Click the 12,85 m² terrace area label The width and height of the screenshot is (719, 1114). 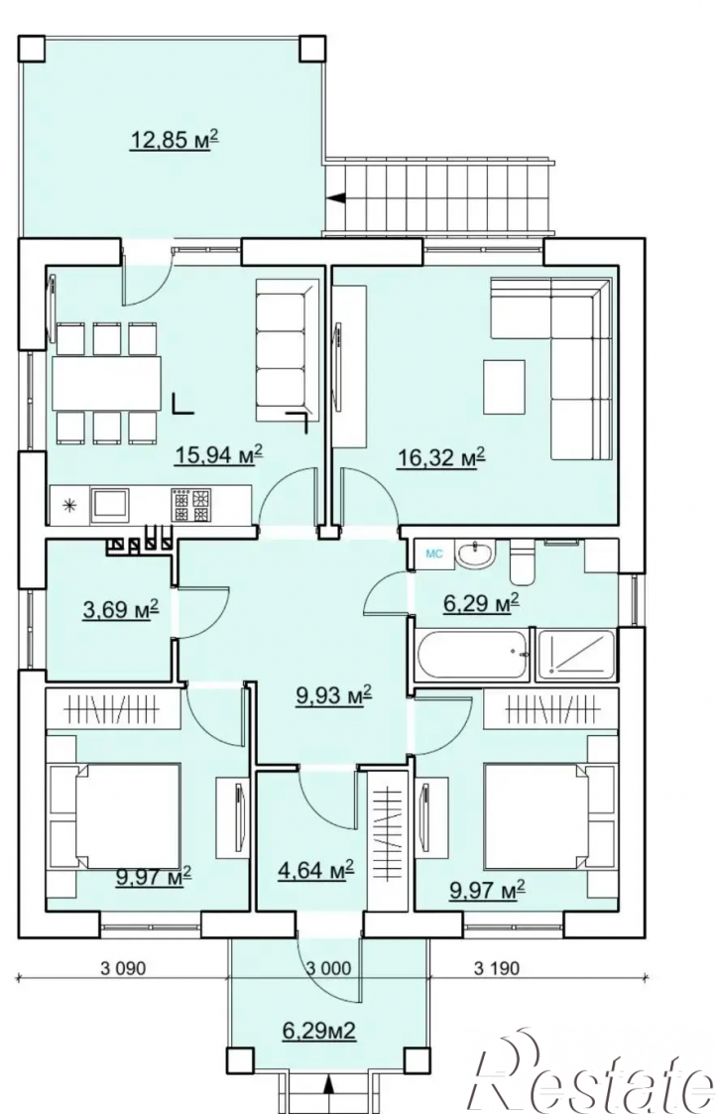[174, 140]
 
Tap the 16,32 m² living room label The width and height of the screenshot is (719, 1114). [440, 457]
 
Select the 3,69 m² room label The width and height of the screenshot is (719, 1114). [120, 609]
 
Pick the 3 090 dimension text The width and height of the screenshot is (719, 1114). [124, 967]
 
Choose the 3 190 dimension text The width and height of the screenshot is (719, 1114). [497, 967]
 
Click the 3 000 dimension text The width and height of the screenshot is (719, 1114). [328, 967]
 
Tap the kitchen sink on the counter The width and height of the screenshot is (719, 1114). [109, 505]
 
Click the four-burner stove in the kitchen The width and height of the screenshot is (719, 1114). [191, 505]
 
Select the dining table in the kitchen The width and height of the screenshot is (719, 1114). [106, 382]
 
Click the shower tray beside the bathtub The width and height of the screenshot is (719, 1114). [575, 653]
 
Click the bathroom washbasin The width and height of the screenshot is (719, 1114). [475, 554]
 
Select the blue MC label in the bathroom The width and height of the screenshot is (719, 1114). [433, 554]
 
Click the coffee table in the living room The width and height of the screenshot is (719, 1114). [504, 387]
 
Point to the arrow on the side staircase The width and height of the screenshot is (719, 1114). [337, 198]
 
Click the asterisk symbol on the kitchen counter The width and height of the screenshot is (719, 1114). [69, 506]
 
